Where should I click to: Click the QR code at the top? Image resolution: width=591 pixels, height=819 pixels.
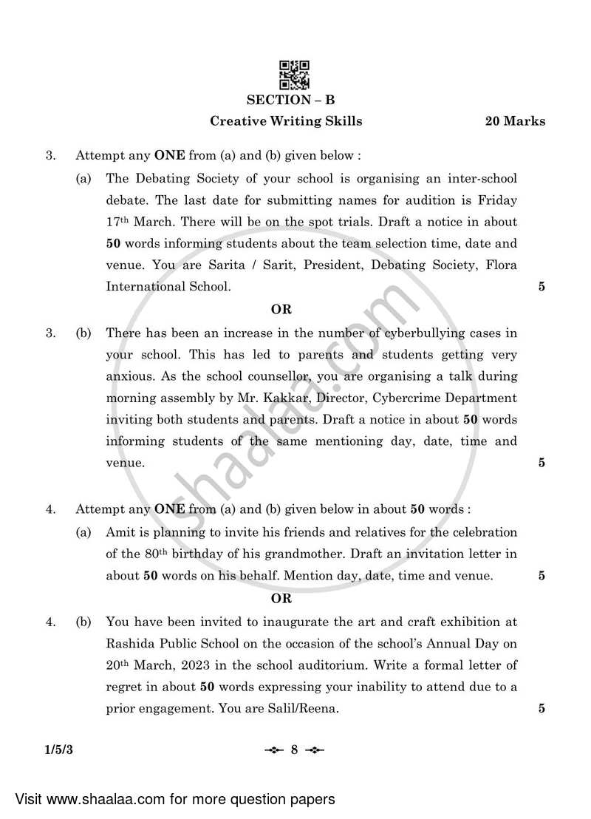click(x=295, y=75)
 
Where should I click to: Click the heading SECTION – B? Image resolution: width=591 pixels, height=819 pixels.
click(x=294, y=100)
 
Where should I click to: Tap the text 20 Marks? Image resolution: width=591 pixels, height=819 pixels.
click(x=515, y=121)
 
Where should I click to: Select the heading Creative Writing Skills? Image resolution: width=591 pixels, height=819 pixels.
click(x=287, y=121)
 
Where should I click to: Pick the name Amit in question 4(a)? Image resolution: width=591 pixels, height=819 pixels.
click(x=119, y=532)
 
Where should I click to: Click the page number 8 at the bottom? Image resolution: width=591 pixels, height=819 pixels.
click(x=293, y=750)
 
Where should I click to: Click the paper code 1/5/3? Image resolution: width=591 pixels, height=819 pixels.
click(x=61, y=750)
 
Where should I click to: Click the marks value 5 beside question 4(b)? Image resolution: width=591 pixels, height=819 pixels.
click(x=542, y=708)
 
